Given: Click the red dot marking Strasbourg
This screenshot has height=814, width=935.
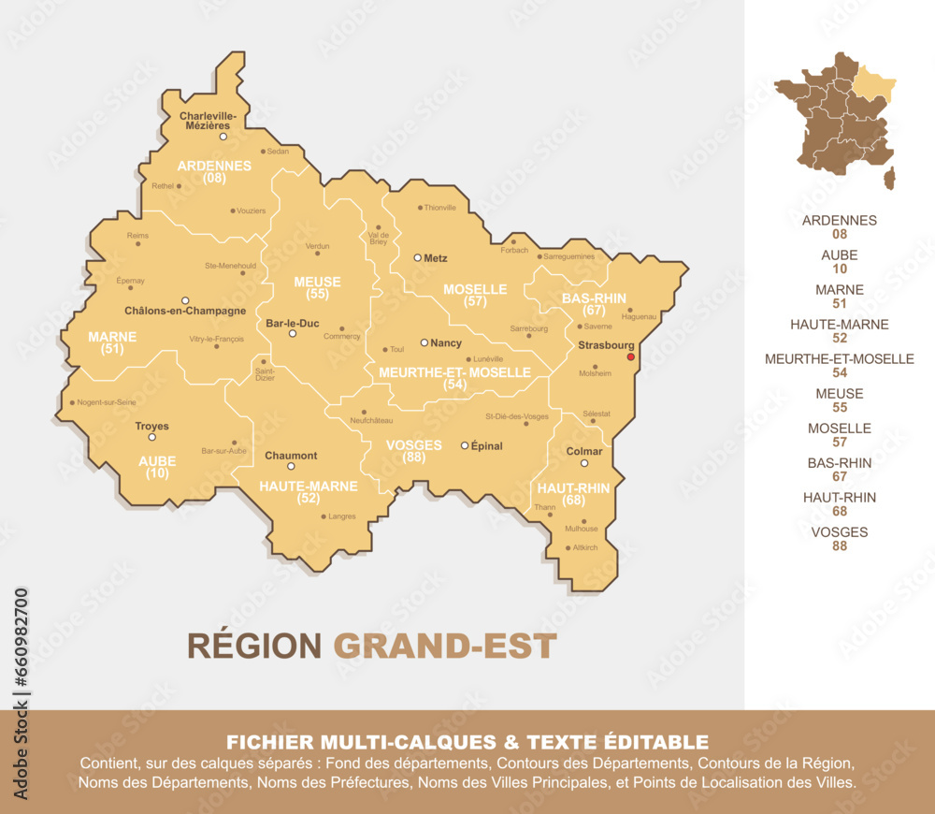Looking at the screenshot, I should pos(630,356).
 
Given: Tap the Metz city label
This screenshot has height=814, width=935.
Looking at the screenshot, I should pos(436,257).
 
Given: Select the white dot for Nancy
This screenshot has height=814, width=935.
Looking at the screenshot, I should pos(424,342).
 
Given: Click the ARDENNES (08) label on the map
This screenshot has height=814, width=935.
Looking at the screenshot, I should pos(214,171).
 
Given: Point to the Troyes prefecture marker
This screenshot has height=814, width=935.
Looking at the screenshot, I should pos(152,437).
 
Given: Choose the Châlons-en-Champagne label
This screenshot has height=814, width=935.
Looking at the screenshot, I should pos(185,310).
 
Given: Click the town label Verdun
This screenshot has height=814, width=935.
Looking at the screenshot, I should pos(317,247).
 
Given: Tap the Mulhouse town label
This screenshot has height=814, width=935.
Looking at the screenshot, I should pos(581,529).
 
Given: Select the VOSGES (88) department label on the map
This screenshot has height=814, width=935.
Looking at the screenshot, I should pos(413,451).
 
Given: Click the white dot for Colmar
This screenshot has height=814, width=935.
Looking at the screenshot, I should pos(584,463).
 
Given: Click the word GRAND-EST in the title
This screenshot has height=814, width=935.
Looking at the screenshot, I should pos(445,646).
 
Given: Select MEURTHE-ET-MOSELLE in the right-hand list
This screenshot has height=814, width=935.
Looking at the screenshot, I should pos(839,358).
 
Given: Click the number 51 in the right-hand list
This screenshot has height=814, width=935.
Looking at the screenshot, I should pos(839,303).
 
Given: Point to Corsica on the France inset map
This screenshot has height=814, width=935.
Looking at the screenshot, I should pos(888,177).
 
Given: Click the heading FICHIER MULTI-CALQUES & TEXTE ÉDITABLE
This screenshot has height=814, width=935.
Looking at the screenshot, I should pos(467,742).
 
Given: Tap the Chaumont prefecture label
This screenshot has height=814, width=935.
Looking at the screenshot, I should pos(291,456).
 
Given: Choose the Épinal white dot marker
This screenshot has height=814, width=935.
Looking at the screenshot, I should pos(465,445).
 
